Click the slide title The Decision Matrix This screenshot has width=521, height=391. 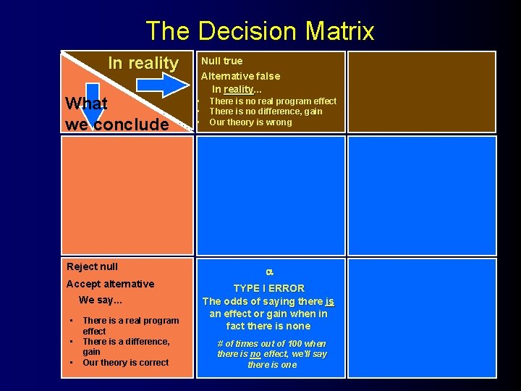click(x=260, y=31)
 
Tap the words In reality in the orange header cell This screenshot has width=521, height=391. click(x=143, y=63)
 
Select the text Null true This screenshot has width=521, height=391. click(x=221, y=61)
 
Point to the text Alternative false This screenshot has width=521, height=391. click(x=240, y=75)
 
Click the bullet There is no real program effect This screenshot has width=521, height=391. click(x=272, y=101)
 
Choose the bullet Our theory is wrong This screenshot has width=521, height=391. click(x=250, y=122)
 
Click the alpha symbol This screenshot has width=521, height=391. click(x=268, y=272)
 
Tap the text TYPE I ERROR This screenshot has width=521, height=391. click(x=268, y=287)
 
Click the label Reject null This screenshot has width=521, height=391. click(x=92, y=266)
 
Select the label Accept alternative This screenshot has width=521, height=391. click(x=110, y=284)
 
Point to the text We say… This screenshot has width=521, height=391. click(x=101, y=300)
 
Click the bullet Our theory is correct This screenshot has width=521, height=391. click(x=125, y=362)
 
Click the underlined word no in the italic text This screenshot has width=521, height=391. click(x=256, y=354)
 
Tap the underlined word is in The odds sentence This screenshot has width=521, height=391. click(x=329, y=301)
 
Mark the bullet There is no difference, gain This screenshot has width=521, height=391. click(x=265, y=112)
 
